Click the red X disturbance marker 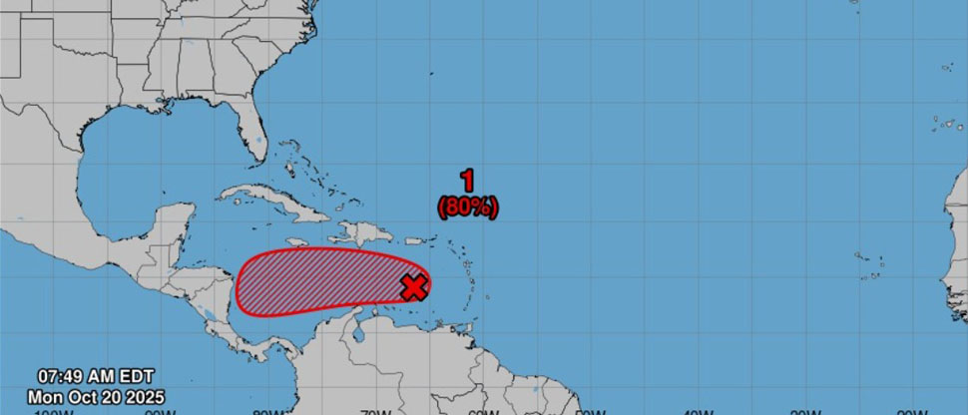[x=414, y=287]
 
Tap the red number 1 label [x=467, y=181]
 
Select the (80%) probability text [x=467, y=207]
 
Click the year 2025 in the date [x=144, y=396]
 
